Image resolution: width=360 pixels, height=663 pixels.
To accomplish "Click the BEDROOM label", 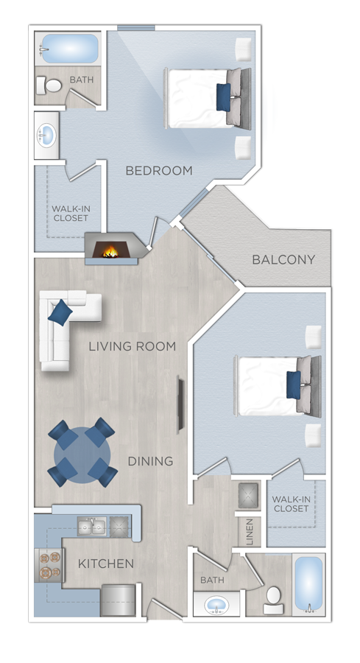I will coord(159,171).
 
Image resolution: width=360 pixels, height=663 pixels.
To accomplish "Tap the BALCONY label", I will coord(283,259).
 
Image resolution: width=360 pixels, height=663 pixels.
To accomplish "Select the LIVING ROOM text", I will coord(132,346).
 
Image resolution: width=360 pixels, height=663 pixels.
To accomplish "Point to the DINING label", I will coord(150,461).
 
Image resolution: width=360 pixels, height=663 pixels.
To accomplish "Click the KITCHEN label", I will coord(106,564).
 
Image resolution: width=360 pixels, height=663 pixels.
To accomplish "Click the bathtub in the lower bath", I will coord(308,583).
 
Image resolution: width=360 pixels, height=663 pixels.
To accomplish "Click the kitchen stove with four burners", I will coord(47,565).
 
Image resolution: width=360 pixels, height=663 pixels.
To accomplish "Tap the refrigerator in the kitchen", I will coord(119,599).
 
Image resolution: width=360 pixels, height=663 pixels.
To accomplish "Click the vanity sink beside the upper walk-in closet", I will coord(46,135).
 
